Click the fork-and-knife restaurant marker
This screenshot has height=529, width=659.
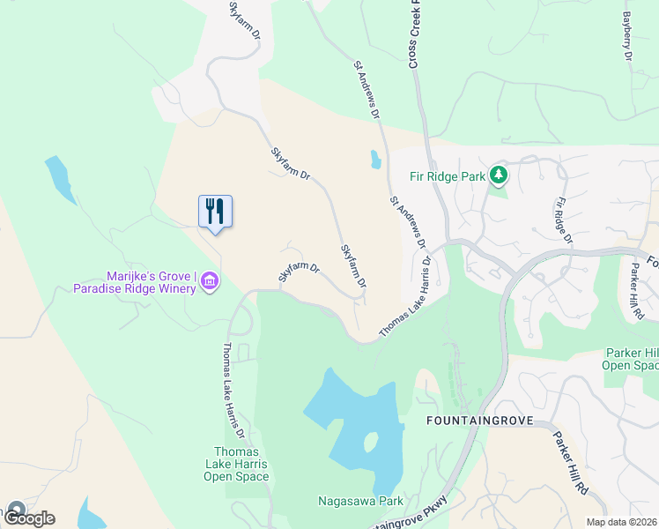(215, 212)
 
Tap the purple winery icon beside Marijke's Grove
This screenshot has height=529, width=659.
(210, 281)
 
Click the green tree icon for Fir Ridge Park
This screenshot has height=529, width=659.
(499, 175)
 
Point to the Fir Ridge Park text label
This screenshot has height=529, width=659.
(448, 176)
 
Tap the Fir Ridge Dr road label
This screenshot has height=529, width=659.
(563, 221)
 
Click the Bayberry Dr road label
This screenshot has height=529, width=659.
(627, 36)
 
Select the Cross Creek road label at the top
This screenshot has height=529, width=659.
(412, 35)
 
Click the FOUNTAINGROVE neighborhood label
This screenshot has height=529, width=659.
(479, 421)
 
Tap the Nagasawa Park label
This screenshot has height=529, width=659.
(360, 502)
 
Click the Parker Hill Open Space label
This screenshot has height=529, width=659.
(631, 359)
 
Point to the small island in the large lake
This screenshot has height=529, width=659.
(371, 442)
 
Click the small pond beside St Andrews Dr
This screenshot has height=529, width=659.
(375, 160)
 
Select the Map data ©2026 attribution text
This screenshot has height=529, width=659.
(621, 522)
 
